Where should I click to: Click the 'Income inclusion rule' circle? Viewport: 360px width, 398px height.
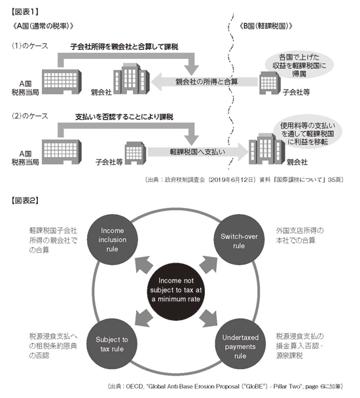pos(112,240)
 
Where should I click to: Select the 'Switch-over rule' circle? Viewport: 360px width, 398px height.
pos(239,240)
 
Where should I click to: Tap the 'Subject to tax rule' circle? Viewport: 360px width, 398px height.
pos(112,344)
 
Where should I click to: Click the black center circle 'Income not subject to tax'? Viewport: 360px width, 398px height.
pos(175,289)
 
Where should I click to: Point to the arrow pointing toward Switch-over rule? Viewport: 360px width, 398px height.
pos(208,265)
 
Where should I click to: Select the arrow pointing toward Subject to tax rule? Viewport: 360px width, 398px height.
pos(144,317)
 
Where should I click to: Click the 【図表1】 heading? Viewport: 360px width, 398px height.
pos(25,12)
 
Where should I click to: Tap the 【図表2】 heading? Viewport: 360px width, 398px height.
pos(25,200)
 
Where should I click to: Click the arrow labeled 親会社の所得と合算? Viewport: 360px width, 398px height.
pos(204,82)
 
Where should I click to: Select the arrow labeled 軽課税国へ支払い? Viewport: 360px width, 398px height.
pos(198,152)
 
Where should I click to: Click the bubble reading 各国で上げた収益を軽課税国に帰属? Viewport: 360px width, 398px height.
pos(299,65)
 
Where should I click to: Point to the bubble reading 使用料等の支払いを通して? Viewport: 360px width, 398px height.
pos(308,133)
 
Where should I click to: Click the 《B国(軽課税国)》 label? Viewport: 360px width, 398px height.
pos(266,26)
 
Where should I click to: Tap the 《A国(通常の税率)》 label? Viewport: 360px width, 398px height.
pos(43,26)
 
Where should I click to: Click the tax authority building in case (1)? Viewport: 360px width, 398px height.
pos(62,82)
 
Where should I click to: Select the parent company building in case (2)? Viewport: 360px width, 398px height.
pos(266,149)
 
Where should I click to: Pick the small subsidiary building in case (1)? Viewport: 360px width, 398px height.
pos(270,82)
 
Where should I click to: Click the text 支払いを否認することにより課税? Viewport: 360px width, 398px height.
pos(124,117)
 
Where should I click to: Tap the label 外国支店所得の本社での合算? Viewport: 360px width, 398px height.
pos(300,235)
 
